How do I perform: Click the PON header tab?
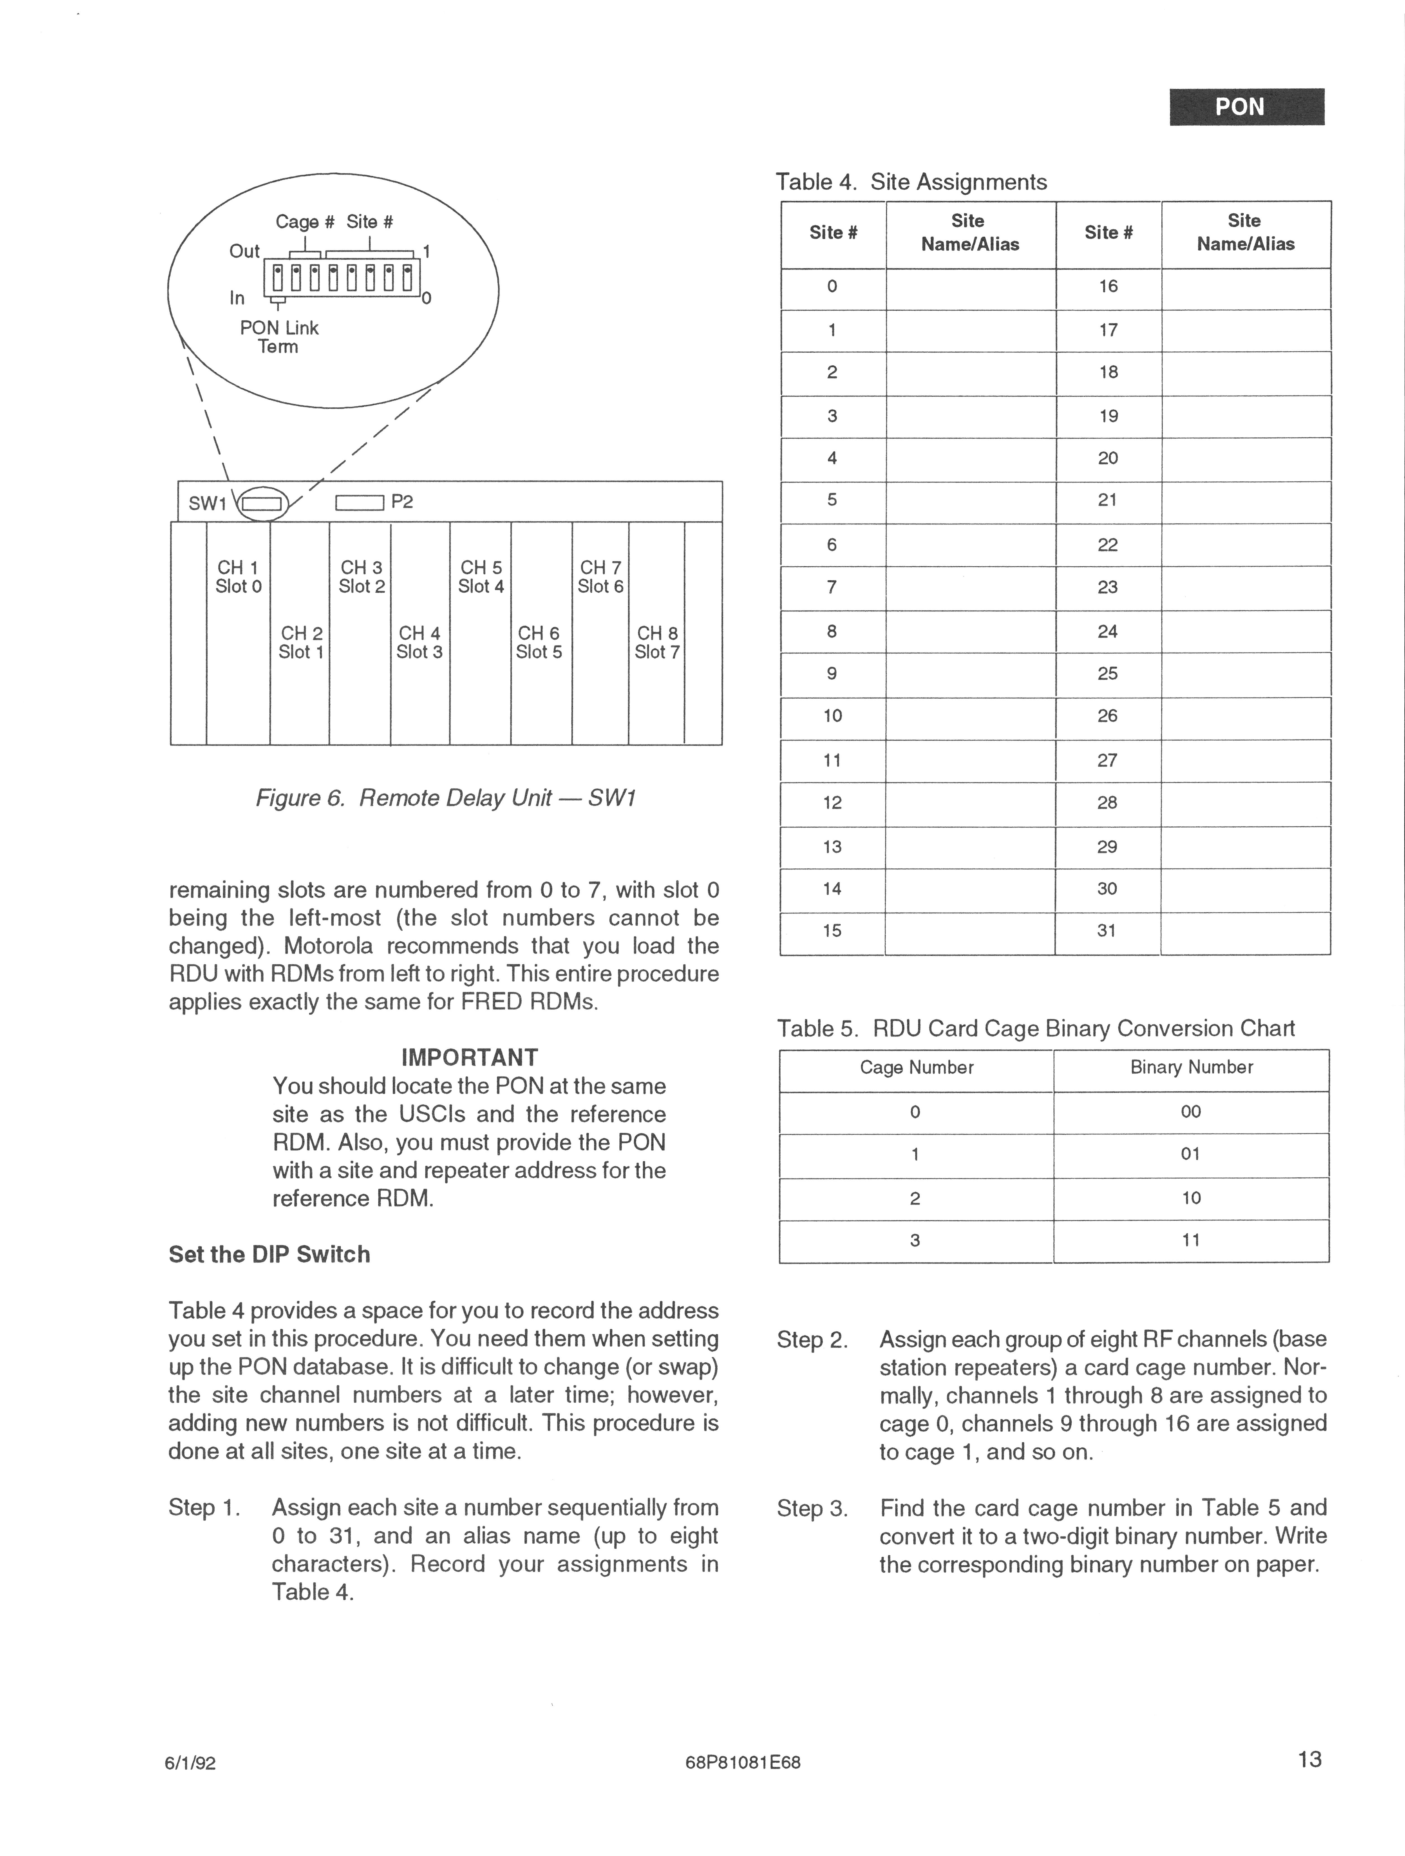click(1246, 107)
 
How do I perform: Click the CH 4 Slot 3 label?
click(419, 643)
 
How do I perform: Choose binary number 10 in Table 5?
click(1191, 1198)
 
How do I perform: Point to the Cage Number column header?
click(916, 1068)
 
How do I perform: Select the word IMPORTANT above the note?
click(470, 1057)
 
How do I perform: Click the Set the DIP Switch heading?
click(269, 1254)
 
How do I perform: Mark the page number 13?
click(1309, 1760)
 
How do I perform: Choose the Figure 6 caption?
click(446, 798)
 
